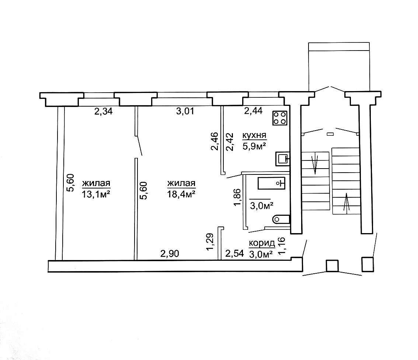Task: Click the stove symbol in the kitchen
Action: pos(280,118)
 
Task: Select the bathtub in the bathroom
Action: pos(271,183)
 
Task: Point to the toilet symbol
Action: pos(281,219)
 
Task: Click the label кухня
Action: pos(254,135)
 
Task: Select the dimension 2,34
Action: pos(104,111)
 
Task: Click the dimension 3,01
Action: pos(185,111)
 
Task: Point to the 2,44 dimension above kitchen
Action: pos(253,110)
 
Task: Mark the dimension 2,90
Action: pos(170,253)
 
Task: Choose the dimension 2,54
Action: pos(234,253)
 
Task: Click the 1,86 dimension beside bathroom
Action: pos(237,197)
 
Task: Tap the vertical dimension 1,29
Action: pos(210,242)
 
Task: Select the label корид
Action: pos(262,243)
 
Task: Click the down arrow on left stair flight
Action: pos(315,163)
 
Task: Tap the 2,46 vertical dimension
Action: pos(215,141)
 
